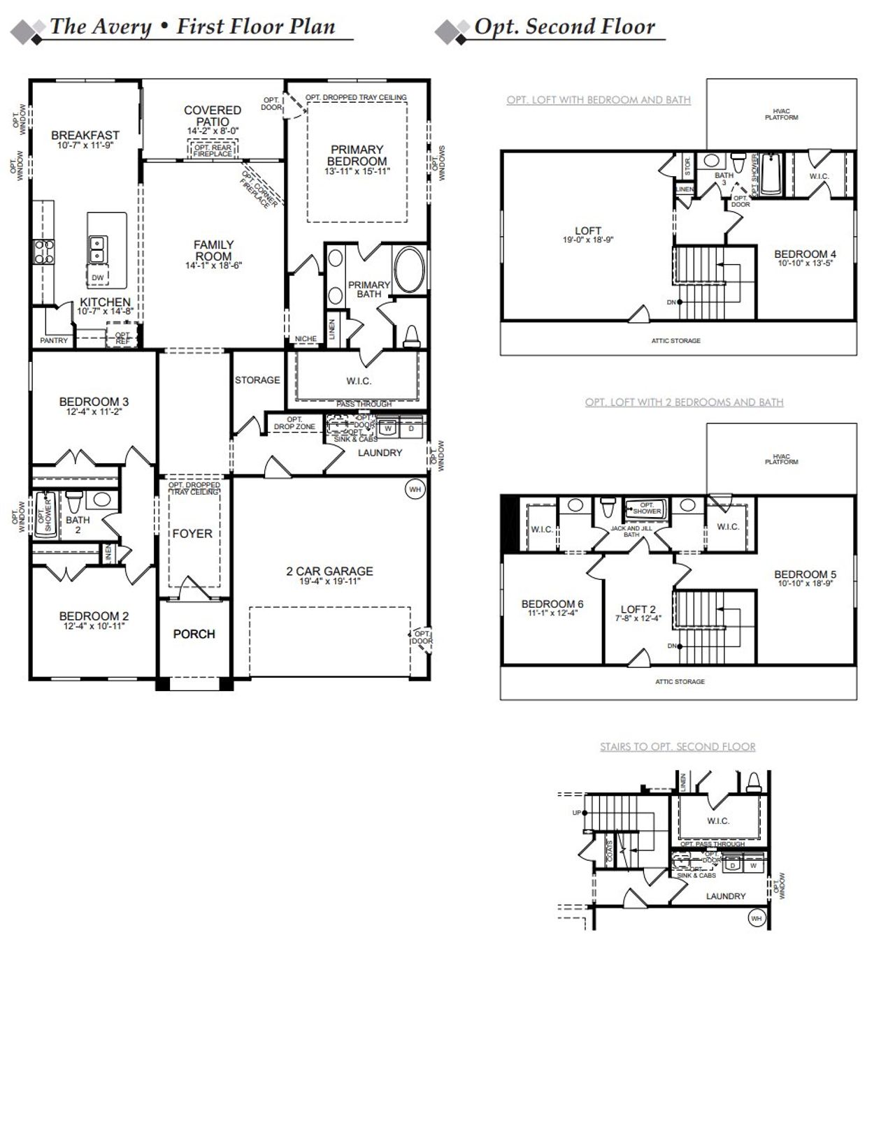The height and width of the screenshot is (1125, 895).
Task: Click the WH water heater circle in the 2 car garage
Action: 415,490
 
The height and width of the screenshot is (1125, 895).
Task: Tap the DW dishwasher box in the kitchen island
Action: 98,277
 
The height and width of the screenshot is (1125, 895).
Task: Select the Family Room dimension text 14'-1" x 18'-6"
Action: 213,266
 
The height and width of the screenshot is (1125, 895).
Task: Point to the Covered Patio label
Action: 213,115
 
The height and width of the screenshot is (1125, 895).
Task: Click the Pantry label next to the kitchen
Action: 54,340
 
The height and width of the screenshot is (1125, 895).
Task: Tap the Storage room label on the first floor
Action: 257,380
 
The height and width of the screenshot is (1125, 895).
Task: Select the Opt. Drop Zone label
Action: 294,423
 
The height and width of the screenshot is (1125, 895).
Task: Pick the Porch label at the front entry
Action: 194,634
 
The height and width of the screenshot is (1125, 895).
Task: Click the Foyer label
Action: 192,534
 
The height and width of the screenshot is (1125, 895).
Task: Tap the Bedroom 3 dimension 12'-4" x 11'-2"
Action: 94,412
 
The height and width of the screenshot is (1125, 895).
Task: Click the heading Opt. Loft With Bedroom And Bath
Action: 599,100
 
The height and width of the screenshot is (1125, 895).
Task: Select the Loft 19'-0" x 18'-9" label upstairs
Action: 588,235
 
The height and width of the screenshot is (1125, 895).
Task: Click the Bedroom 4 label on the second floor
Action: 805,254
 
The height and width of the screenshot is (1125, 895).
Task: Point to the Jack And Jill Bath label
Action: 631,531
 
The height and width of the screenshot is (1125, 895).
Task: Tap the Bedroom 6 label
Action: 552,604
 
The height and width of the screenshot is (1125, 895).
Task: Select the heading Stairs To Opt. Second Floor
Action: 677,746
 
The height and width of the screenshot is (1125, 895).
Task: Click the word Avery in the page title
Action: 120,27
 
